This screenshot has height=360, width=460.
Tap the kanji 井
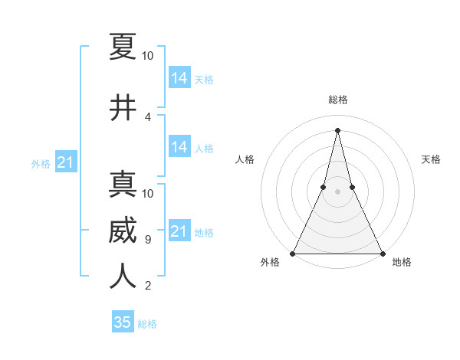click(123, 108)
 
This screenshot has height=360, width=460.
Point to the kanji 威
click(123, 231)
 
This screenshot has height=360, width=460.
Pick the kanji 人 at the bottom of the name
click(123, 277)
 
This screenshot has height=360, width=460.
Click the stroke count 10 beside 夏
click(148, 56)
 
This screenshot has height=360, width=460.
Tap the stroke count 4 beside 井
click(148, 117)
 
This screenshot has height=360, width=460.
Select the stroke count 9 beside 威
click(148, 240)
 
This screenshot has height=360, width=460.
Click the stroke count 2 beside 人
click(148, 286)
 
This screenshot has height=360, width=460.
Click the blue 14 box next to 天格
click(179, 78)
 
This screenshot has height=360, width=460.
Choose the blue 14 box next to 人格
click(179, 147)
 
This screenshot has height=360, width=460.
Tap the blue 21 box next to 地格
click(179, 231)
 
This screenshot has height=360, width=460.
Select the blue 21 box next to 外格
click(66, 162)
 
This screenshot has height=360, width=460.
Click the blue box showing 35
click(123, 322)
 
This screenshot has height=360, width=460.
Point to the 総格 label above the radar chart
click(338, 100)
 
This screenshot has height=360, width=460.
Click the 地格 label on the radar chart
click(402, 263)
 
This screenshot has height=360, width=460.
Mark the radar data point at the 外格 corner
click(294, 253)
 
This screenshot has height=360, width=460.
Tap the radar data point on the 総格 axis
click(338, 130)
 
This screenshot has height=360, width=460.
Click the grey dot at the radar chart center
click(338, 191)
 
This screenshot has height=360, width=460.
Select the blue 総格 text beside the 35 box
click(148, 324)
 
